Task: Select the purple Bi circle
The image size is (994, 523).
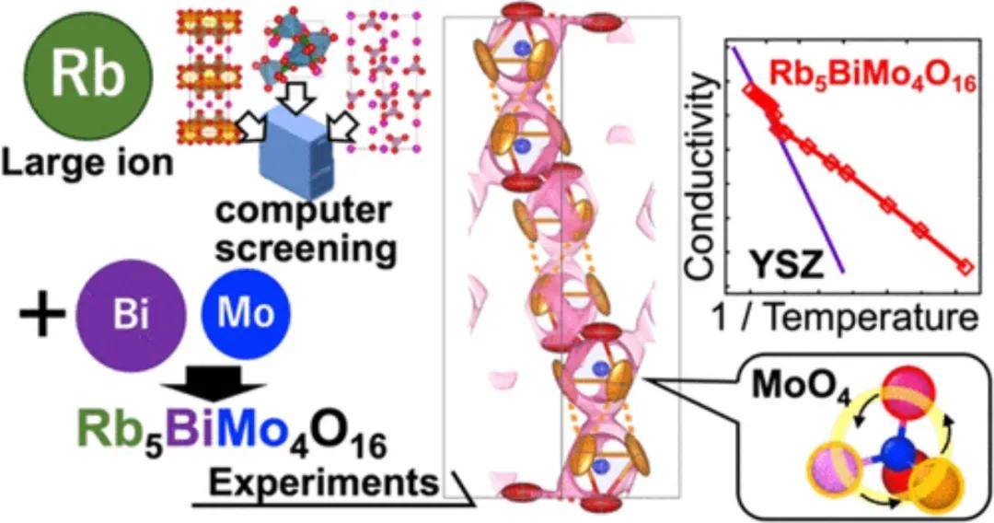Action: [x=132, y=314]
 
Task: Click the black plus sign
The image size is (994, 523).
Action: [x=41, y=315]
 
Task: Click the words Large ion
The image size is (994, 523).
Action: [x=88, y=163]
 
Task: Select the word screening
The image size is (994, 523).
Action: [x=306, y=250]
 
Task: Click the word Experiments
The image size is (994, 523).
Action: [x=324, y=483]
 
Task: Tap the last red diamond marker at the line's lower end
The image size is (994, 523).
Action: [x=965, y=267]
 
